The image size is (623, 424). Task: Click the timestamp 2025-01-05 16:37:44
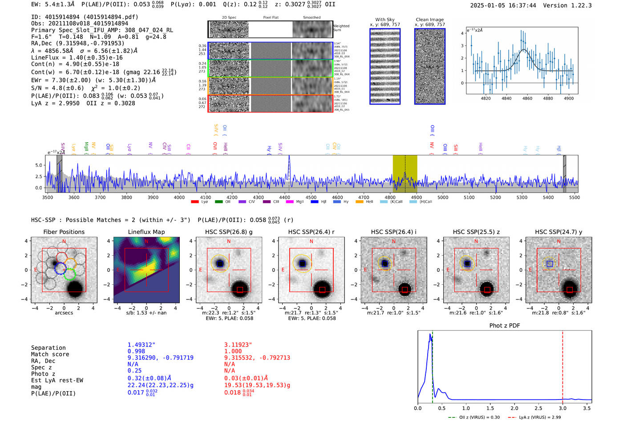(503, 5)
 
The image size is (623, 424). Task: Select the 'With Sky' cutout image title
(385, 20)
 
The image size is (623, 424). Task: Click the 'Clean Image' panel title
(429, 20)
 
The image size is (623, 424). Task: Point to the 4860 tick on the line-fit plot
(527, 98)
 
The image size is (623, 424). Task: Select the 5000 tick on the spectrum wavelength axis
(443, 197)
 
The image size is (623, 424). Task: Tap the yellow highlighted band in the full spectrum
(405, 174)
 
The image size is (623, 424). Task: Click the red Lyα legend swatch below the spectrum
(194, 202)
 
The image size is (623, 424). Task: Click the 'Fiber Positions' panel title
(64, 232)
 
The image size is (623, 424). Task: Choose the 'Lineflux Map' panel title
(146, 232)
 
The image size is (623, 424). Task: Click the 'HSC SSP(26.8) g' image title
(229, 232)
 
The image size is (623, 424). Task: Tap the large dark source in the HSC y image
(570, 289)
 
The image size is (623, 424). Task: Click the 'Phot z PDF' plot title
(505, 325)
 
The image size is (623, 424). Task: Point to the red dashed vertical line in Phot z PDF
(562, 365)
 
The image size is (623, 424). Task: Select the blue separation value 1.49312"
(142, 345)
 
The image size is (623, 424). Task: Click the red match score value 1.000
(233, 351)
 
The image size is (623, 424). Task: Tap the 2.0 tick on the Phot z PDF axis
(514, 408)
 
